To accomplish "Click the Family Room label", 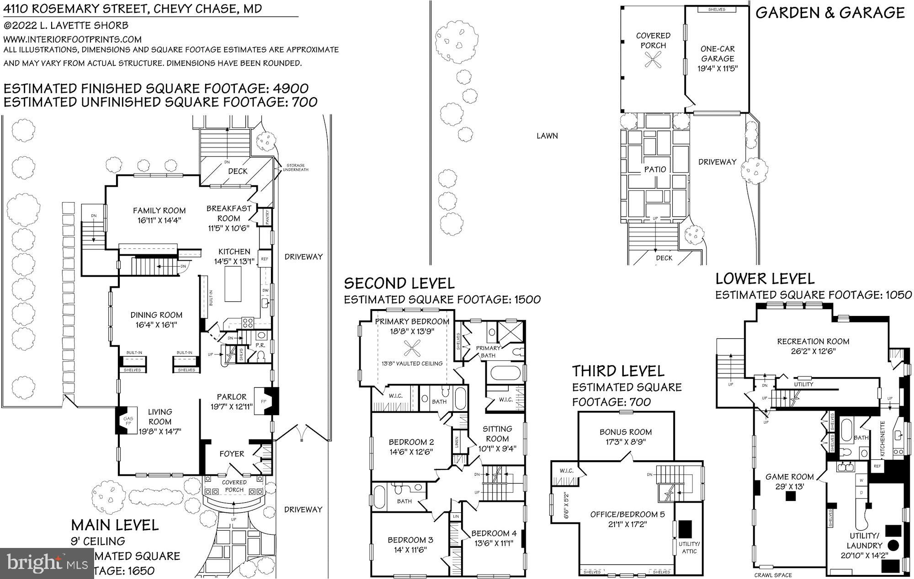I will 159,211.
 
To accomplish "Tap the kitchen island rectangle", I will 234,284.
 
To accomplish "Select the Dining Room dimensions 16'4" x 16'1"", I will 156,325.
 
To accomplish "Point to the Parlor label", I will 231,397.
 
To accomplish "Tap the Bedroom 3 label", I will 410,540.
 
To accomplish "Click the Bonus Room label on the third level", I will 626,432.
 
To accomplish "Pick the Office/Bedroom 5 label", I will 627,514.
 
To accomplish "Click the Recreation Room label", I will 813,341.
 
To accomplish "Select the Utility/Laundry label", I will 864,540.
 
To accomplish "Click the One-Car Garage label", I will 717,53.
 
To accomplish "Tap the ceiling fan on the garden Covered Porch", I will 653,60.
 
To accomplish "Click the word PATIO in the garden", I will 655,169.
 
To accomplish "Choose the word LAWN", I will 547,136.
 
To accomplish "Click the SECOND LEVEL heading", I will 399,283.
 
